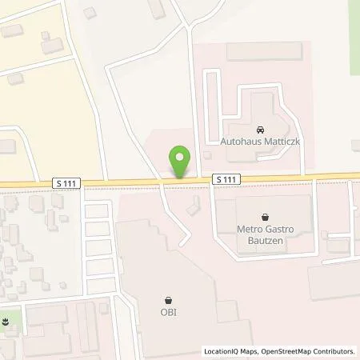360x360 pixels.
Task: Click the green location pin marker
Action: [181, 162]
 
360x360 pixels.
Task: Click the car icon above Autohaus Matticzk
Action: [261, 128]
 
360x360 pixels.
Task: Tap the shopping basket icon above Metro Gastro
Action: [265, 216]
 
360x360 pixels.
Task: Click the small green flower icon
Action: [7, 321]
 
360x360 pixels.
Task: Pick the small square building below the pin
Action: [192, 208]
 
